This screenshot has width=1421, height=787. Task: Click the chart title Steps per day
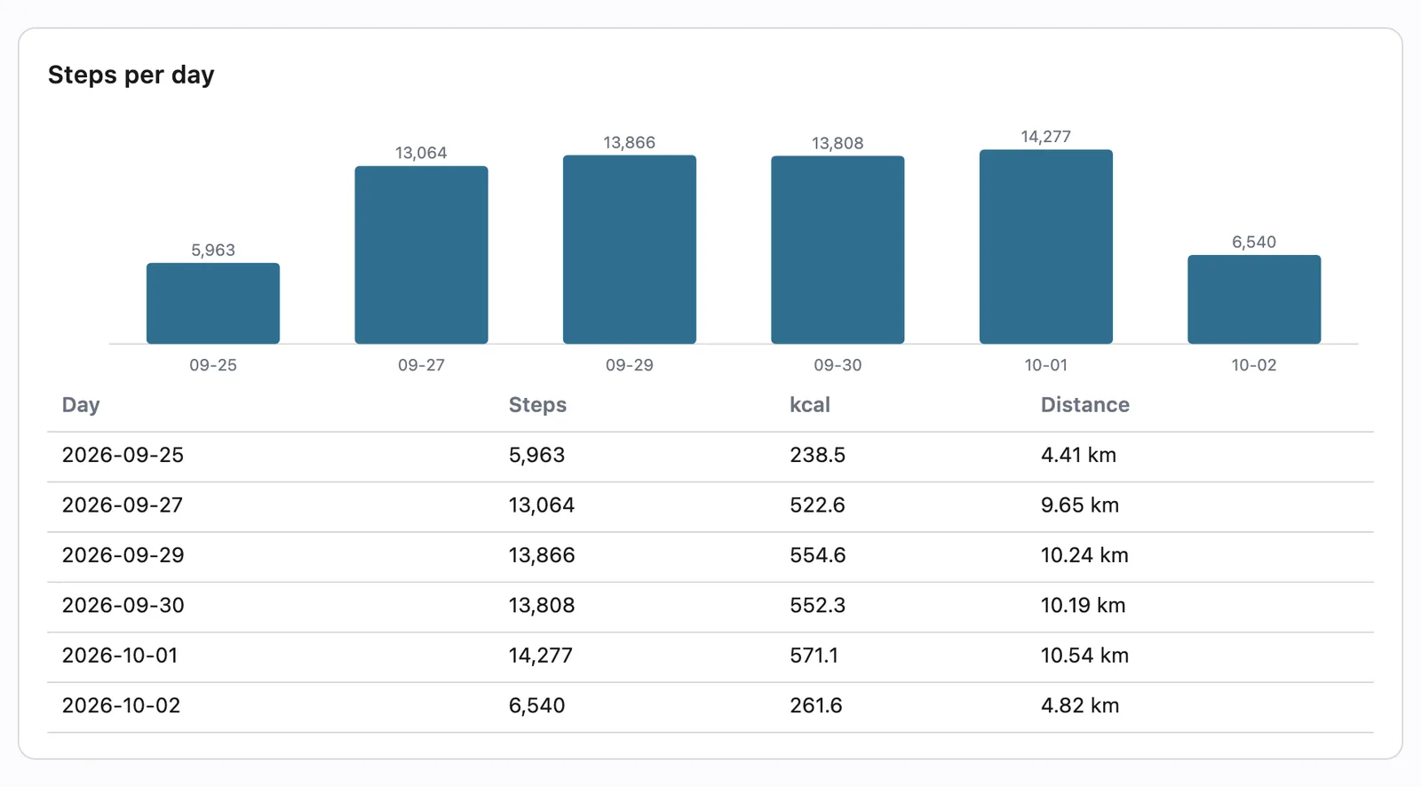coord(131,75)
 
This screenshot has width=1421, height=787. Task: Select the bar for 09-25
coord(213,304)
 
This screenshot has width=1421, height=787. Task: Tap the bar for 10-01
coord(1046,247)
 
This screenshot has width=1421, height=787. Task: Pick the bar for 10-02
coord(1254,299)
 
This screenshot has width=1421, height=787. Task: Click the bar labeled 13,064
coord(421,255)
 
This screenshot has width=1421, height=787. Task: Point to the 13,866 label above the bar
coord(630,143)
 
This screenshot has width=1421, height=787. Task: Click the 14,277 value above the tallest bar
coord(1046,137)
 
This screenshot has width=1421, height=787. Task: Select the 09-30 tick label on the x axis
coord(838,365)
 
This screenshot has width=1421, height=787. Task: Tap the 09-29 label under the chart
coord(630,365)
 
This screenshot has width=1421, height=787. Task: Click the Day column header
coord(81,405)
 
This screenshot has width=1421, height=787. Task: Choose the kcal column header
coord(809,405)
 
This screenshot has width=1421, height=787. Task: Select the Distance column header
coord(1084,405)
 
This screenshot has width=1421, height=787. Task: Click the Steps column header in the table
coord(537,405)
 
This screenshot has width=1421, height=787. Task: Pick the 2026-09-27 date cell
coord(123,505)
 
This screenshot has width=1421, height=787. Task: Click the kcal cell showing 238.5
coord(818,455)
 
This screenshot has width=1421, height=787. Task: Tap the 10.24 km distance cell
coord(1084,555)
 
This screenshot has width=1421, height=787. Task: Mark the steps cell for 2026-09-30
coord(542,606)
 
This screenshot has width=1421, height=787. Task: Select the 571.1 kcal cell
coord(814,656)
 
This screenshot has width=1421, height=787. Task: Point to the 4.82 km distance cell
coord(1080,706)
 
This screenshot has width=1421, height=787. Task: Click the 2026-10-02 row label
coord(121,706)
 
